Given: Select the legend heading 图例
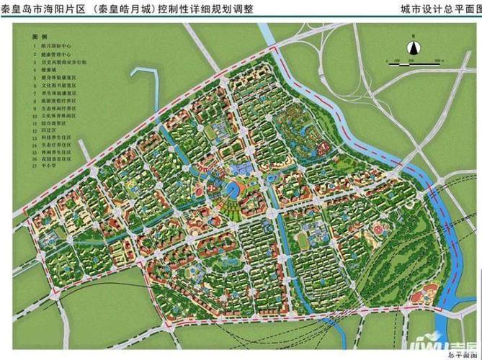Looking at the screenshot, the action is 40,35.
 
